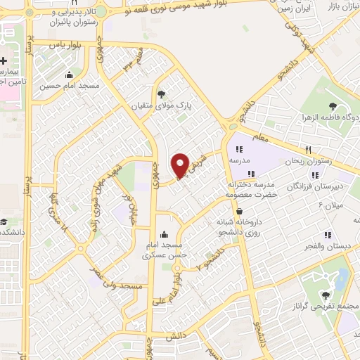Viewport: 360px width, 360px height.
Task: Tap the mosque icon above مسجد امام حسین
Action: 69,76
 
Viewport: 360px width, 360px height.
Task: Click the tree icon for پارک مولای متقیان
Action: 162,94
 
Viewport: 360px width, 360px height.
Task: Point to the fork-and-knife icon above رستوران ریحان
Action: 308,150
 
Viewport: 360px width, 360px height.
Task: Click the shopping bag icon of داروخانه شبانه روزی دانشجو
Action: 240,211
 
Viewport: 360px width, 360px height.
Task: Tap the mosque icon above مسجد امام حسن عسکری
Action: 165,234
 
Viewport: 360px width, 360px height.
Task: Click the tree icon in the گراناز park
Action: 326,295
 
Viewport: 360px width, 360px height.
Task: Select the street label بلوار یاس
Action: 70,44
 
